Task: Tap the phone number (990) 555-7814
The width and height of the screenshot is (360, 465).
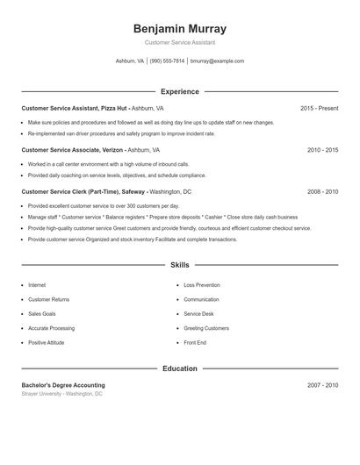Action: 167,61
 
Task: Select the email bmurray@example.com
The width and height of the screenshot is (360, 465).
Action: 217,61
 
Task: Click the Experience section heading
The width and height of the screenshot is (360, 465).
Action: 179,91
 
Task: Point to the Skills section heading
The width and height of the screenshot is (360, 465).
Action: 179,264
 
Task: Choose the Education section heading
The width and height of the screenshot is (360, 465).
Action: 179,368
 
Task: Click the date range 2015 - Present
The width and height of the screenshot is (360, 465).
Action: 319,108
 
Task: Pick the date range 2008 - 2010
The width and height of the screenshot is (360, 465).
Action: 322,191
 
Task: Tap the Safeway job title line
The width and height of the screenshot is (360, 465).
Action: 106,191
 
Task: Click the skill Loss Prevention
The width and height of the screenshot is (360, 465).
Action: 202,285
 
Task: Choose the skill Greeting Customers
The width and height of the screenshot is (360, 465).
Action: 206,328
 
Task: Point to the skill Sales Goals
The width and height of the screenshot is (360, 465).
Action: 42,313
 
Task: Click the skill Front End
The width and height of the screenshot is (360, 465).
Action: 195,342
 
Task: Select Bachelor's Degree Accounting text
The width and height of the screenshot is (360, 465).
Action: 63,385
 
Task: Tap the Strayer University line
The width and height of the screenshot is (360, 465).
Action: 61,394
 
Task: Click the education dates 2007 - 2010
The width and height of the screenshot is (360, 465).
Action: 322,385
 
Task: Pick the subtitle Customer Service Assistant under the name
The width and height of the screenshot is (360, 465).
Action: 179,42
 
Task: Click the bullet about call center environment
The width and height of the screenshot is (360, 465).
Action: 108,164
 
